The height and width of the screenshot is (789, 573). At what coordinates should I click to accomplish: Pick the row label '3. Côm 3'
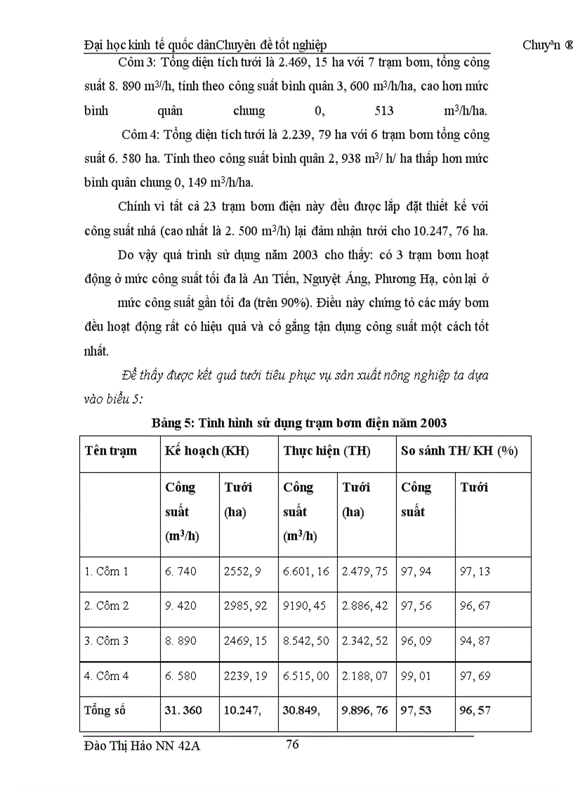(107, 641)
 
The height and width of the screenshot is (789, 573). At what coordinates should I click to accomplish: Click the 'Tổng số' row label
(103, 710)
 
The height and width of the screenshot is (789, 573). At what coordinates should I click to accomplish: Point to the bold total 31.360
(183, 710)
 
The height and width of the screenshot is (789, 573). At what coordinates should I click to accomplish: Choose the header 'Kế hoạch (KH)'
(206, 451)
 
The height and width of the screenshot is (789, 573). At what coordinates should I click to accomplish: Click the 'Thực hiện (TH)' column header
(327, 451)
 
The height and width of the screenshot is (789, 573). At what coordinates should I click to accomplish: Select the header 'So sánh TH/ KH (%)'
(459, 451)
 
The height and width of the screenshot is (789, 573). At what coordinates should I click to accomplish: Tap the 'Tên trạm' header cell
(111, 451)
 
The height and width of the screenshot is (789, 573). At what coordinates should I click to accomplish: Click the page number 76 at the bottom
(293, 744)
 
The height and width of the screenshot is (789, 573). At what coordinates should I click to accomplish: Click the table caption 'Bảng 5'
(171, 423)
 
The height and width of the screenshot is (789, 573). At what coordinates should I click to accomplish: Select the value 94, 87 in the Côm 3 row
(475, 641)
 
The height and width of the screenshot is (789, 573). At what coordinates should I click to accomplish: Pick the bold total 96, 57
(475, 710)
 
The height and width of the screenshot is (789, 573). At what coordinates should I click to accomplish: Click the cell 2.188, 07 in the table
(364, 676)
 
